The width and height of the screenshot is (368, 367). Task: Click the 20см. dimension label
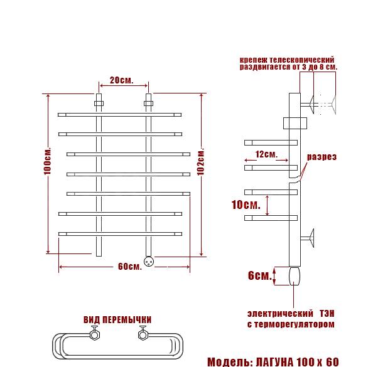(x=122, y=80)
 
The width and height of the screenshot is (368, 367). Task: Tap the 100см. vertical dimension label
(x=47, y=161)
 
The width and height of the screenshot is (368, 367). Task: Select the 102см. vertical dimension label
(x=201, y=161)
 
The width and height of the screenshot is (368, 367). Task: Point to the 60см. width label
(x=130, y=267)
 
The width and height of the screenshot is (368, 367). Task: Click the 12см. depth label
(x=266, y=154)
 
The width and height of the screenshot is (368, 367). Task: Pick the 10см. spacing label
(x=246, y=205)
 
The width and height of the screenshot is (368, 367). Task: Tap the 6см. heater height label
(x=260, y=275)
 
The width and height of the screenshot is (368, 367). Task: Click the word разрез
(x=322, y=157)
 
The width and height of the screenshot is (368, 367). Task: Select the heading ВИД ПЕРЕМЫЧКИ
(x=117, y=319)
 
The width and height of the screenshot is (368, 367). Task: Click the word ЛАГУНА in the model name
(x=274, y=362)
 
